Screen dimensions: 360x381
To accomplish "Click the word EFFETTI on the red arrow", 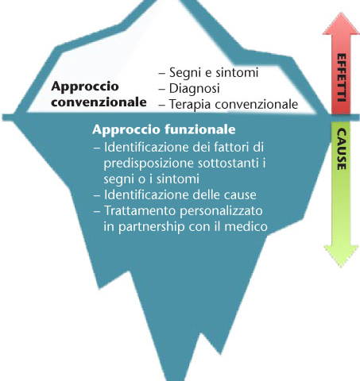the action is click(x=342, y=78).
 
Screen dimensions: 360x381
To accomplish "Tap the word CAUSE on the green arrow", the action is click(x=342, y=149).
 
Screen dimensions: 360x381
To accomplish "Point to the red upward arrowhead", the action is click(x=341, y=24).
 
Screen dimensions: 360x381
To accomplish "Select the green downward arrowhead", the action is click(x=341, y=256).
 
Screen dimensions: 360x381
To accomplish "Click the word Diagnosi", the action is click(x=195, y=89).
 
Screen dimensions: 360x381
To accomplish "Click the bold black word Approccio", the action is click(x=85, y=87).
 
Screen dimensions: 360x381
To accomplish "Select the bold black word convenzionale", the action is click(x=99, y=102).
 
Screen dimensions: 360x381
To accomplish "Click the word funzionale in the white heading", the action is click(x=200, y=129).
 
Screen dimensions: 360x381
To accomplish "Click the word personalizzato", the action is click(x=221, y=211).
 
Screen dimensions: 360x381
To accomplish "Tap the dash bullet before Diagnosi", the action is click(x=162, y=89).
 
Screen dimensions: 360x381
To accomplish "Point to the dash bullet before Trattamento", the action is click(x=97, y=211).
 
